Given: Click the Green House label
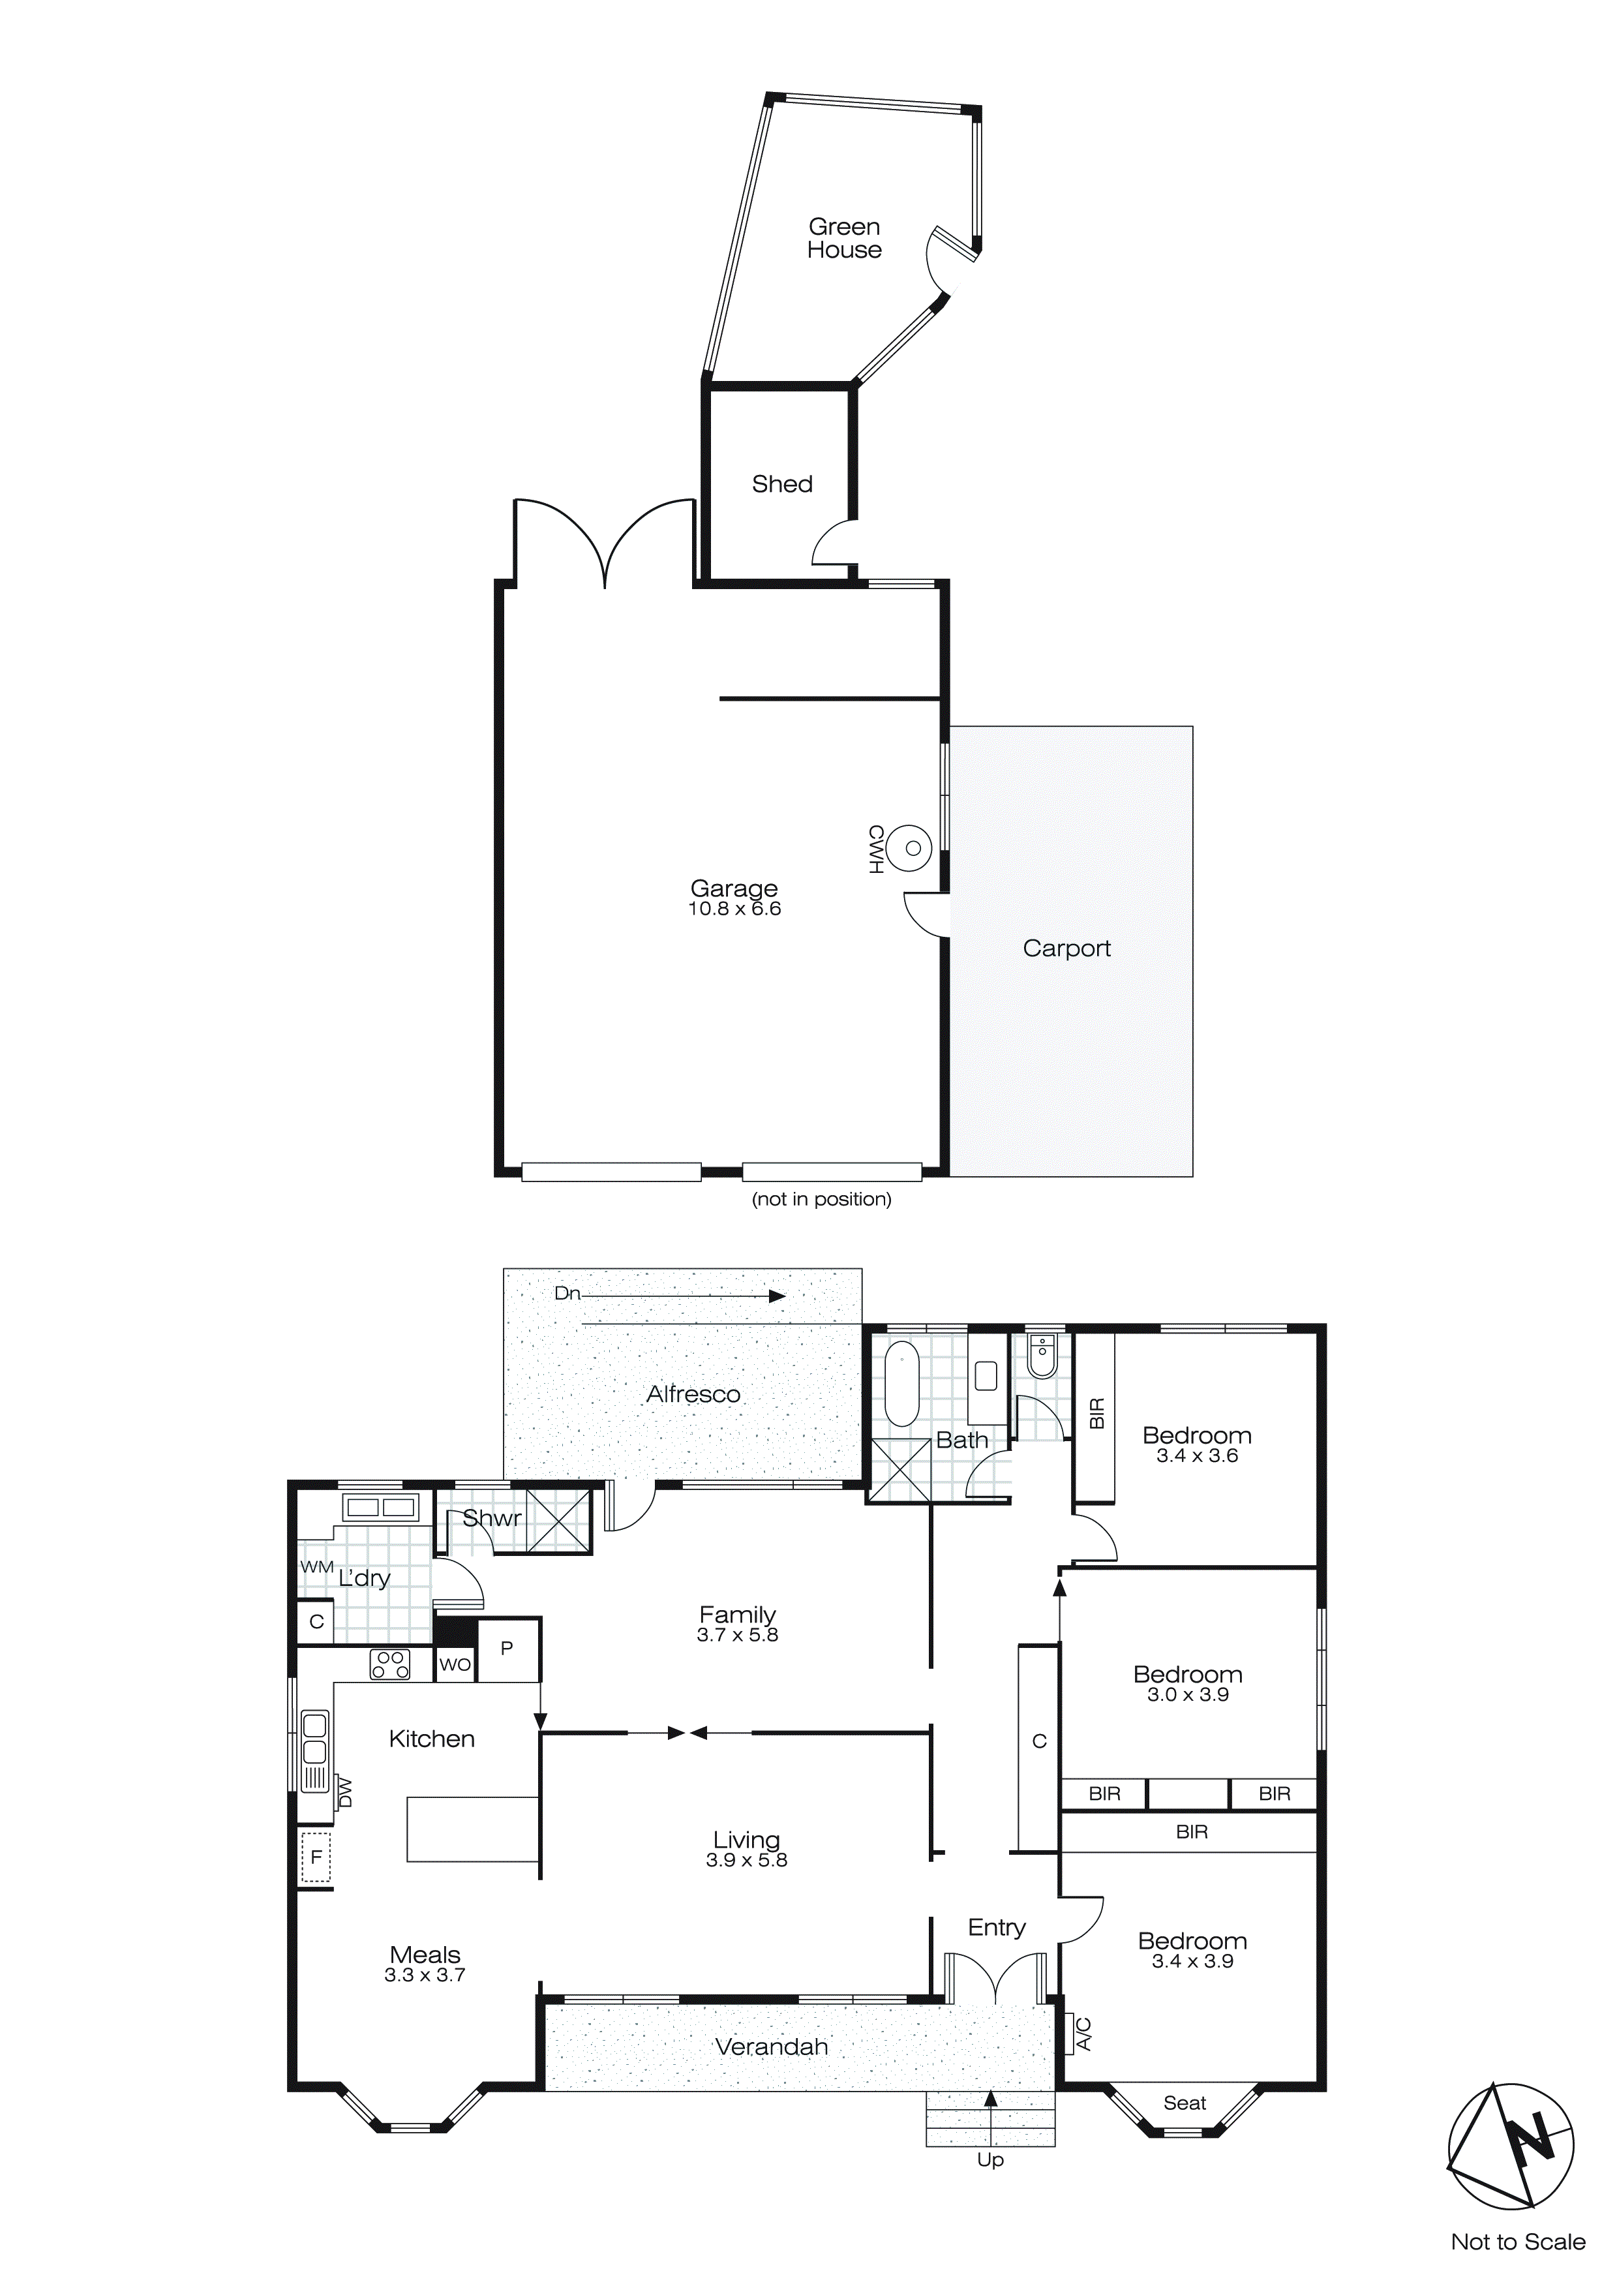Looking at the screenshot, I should point(843,239).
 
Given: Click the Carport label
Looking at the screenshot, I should point(1066,949).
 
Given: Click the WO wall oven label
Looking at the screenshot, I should point(455,1665).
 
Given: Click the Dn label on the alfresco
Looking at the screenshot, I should point(567,1294).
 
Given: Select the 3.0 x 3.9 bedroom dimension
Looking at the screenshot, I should point(1187,1694).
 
